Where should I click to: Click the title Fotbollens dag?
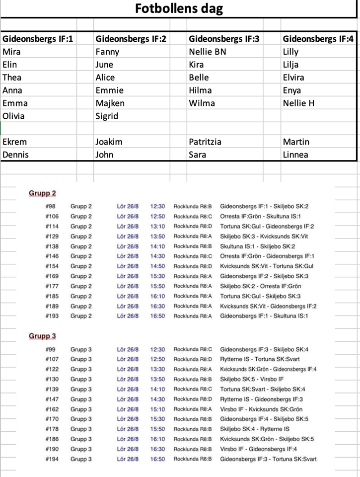tap(179, 9)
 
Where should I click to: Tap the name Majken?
tap(110, 103)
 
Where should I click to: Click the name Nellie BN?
tap(208, 51)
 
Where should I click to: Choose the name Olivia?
tap(14, 116)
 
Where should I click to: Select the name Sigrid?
tap(107, 116)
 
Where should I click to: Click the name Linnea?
tap(295, 155)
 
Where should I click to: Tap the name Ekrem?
tap(14, 142)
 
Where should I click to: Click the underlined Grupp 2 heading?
tap(42, 193)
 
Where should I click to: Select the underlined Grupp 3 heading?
tap(42, 336)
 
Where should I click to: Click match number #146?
tap(52, 256)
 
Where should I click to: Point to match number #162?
tap(52, 409)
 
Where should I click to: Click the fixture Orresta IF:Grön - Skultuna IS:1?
tap(261, 216)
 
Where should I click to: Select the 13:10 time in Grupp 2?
tap(157, 226)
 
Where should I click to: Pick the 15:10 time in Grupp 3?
tap(157, 409)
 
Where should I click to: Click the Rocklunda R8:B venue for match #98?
tap(192, 206)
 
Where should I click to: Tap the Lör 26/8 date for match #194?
tap(128, 459)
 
